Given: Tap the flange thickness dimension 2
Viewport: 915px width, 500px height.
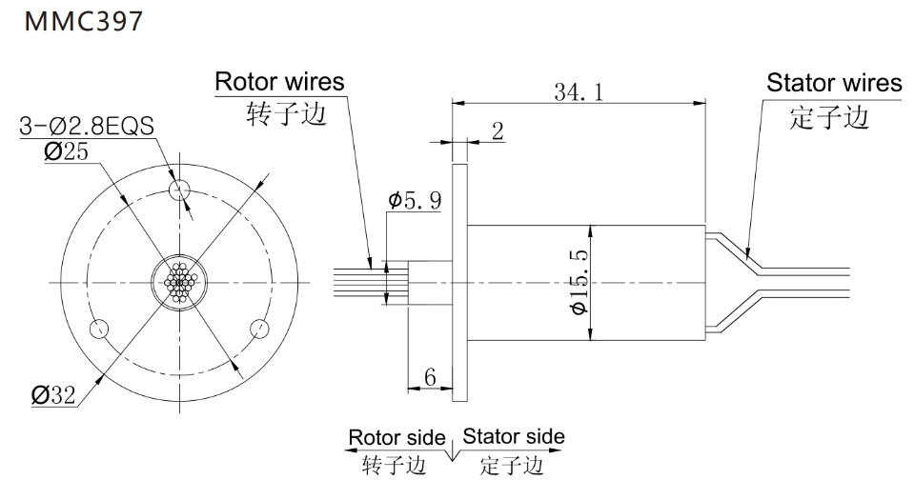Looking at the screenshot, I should pyautogui.click(x=497, y=130).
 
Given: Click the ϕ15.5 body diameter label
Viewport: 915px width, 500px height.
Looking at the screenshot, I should pyautogui.click(x=577, y=282).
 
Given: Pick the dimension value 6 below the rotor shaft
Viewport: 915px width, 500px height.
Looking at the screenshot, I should pyautogui.click(x=431, y=378).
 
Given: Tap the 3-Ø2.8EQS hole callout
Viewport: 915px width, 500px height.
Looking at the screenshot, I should pyautogui.click(x=87, y=126).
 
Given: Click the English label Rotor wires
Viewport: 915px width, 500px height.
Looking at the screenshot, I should pyautogui.click(x=279, y=82).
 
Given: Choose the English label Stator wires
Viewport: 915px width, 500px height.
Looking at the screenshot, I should pyautogui.click(x=833, y=83).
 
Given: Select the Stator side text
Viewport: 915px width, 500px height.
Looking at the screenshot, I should pyautogui.click(x=513, y=437).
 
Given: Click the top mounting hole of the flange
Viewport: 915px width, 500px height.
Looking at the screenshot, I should pyautogui.click(x=177, y=190).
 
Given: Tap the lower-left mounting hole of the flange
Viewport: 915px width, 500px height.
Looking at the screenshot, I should pyautogui.click(x=98, y=329).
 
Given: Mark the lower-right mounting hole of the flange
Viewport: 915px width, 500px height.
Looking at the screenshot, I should pyautogui.click(x=258, y=329).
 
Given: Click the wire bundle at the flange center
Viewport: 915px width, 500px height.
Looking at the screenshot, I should pyautogui.click(x=178, y=283).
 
